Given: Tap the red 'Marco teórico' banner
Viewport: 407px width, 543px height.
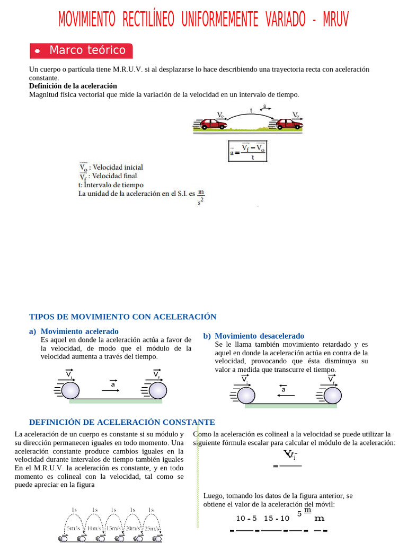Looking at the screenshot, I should [81, 50].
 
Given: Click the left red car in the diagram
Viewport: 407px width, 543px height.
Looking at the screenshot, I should [213, 124].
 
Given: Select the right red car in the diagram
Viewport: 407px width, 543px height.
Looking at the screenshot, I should [289, 124].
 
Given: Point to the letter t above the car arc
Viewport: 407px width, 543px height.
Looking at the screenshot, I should [251, 111].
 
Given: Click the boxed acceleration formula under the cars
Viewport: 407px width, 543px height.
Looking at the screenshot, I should [248, 151].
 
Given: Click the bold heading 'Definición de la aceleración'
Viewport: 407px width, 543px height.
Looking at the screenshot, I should [73, 86].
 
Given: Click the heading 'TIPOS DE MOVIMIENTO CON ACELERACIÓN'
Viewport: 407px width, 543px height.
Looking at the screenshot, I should [122, 317].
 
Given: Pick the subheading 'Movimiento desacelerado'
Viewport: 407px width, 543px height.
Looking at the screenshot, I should [259, 336].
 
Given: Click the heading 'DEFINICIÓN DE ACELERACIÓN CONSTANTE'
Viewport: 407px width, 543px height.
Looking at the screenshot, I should [122, 422].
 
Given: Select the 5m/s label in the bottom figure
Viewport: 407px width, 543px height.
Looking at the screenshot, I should [74, 528].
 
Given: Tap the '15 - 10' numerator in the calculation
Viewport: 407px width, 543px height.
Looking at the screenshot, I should [276, 519].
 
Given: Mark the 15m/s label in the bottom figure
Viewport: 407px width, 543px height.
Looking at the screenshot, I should [112, 528].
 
